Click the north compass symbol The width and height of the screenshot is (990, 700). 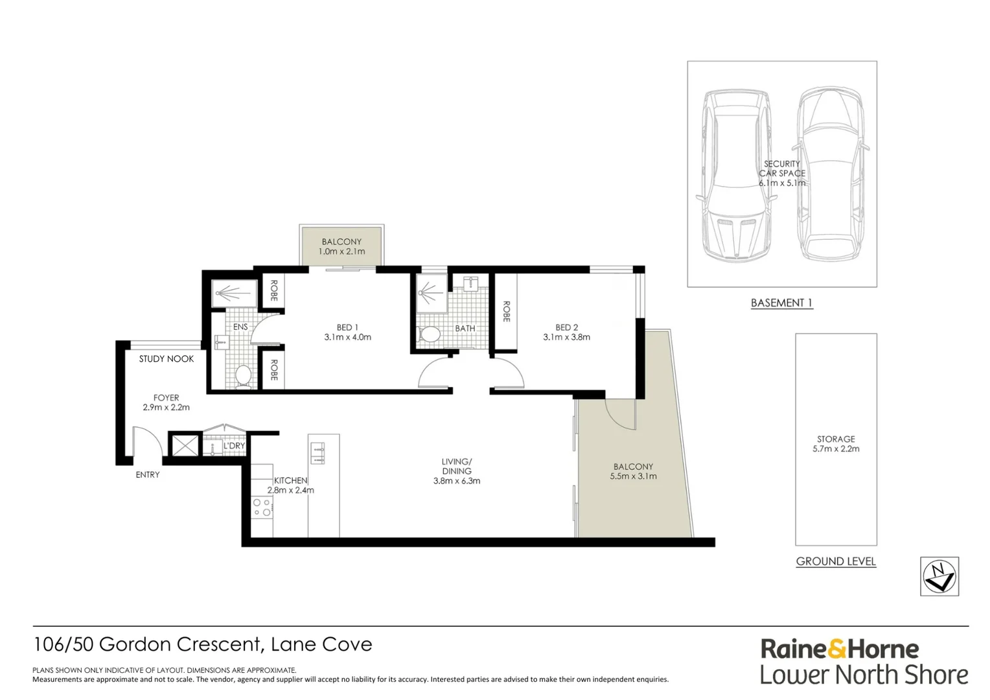click(939, 576)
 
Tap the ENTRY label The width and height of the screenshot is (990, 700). click(148, 474)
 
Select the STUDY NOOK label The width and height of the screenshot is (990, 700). click(167, 358)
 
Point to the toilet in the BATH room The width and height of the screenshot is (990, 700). click(430, 334)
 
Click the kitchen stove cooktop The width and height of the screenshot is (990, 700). click(261, 507)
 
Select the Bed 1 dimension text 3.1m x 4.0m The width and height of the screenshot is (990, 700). click(347, 337)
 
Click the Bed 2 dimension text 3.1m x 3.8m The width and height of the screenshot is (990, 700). click(566, 337)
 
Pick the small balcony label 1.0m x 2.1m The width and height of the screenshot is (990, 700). click(341, 251)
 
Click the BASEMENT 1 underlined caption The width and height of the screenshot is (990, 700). click(781, 303)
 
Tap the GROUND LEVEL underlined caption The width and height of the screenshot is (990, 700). click(836, 561)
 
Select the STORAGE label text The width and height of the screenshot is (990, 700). click(836, 439)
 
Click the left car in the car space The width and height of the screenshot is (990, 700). click(737, 175)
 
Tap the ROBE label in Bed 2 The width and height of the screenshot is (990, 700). click(506, 311)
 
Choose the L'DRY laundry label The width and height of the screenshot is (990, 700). click(234, 446)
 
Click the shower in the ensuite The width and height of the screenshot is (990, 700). click(228, 294)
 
